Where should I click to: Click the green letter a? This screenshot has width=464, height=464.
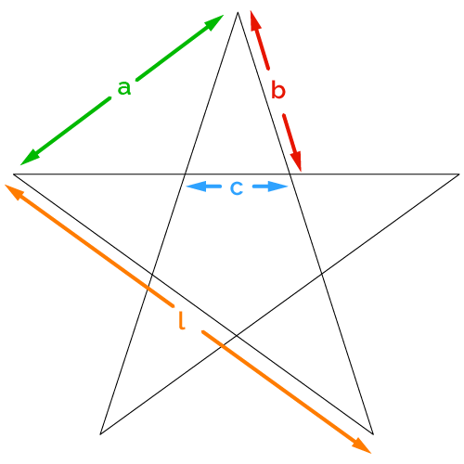tap(124, 87)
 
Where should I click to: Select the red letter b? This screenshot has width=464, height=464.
tap(277, 90)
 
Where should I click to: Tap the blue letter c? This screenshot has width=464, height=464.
tap(237, 187)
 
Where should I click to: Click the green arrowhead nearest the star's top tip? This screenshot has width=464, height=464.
tap(214, 21)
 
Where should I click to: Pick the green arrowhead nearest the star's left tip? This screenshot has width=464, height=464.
tap(30, 157)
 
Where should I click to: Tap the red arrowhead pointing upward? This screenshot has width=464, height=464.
tap(255, 20)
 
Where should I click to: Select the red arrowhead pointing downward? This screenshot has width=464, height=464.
tap(296, 161)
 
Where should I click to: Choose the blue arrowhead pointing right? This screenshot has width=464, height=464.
tap(278, 187)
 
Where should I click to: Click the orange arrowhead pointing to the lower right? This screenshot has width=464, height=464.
tap(362, 446)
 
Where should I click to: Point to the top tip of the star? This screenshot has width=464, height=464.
tap(238, 12)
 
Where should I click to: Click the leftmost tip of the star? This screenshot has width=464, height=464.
tap(13, 174)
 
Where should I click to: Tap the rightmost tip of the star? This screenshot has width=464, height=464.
tap(459, 174)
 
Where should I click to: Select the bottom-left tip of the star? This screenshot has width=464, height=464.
tap(100, 434)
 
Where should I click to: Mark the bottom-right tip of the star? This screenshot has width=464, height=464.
tap(373, 434)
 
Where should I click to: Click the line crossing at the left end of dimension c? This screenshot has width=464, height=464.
tap(185, 174)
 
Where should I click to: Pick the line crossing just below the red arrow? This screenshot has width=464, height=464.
tap(290, 174)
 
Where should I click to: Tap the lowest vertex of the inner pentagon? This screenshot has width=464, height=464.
tap(237, 335)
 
